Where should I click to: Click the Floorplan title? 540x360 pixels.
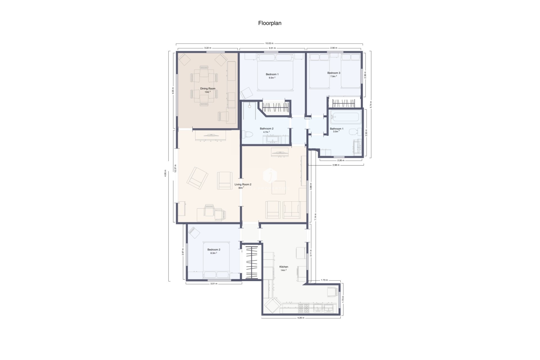point(270,23)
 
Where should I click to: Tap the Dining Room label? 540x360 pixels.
point(208,89)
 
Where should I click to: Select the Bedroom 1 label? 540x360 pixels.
point(272,74)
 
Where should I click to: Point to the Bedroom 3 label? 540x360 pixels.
point(334,73)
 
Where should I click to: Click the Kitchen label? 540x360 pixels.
point(283,267)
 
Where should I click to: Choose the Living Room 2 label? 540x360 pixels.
point(243,184)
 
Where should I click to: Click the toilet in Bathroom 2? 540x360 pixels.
point(248,135)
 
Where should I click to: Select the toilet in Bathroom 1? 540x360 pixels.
point(354,131)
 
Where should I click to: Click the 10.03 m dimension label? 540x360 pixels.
point(269,43)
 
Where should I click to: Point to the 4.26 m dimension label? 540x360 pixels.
point(301,318)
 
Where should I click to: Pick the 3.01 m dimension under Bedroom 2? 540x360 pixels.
point(214,284)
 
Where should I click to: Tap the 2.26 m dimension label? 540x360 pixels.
point(341,160)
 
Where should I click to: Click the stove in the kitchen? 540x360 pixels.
point(303,308)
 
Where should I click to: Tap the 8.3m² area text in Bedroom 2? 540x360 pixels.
point(213,253)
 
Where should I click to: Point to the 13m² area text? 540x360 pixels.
point(208,92)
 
